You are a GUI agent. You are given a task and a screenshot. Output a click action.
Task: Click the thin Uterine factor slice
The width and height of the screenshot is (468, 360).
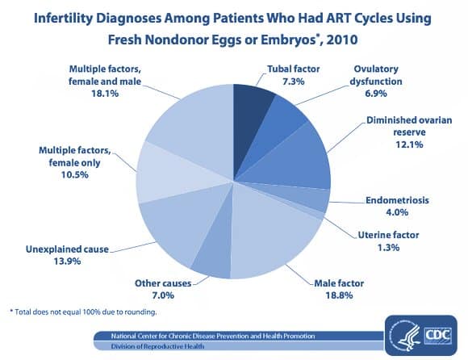point(316,213)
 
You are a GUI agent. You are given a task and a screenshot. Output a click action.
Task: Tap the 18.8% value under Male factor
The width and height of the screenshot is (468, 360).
point(339,295)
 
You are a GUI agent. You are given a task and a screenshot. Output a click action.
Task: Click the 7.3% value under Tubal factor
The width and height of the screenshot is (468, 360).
point(294,82)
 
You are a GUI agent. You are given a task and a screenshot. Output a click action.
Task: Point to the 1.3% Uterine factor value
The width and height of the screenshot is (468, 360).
point(388,248)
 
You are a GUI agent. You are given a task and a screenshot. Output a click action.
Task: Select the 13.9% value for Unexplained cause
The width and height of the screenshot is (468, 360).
point(67,262)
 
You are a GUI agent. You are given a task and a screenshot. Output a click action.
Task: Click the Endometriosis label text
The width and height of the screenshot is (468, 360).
point(397,200)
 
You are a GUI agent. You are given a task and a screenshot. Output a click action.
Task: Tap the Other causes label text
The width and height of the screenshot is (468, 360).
point(163,283)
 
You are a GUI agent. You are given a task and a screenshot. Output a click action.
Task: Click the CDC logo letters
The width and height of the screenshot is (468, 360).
point(438,335)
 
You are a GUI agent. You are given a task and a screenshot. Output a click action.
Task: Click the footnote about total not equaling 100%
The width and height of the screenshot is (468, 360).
point(83,312)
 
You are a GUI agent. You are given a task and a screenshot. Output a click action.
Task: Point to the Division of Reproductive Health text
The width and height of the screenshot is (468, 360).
point(157,346)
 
